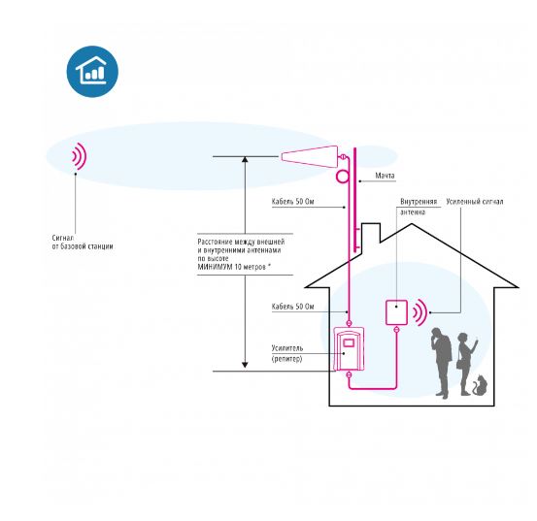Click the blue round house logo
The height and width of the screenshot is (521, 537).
point(92,72)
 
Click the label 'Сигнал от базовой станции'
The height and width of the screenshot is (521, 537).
point(83,242)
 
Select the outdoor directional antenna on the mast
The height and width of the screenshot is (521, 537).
point(309,156)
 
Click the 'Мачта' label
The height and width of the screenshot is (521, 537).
point(385,176)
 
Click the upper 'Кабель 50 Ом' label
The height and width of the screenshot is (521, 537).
point(293,202)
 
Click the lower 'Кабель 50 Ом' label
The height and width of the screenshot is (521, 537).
point(293,307)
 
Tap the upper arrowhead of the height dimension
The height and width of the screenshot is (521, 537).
point(245,159)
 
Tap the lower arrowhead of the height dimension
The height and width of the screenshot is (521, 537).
point(245,365)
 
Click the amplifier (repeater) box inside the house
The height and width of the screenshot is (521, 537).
point(349,348)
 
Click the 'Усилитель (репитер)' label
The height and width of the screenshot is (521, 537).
point(287,353)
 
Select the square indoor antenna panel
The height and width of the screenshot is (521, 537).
point(396,312)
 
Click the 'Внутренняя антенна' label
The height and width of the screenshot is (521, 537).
point(419,207)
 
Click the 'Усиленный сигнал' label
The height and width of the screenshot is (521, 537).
point(475,202)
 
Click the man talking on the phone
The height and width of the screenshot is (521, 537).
point(442,363)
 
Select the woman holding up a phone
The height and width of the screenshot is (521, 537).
point(467,364)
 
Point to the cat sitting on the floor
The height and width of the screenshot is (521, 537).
point(480,386)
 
